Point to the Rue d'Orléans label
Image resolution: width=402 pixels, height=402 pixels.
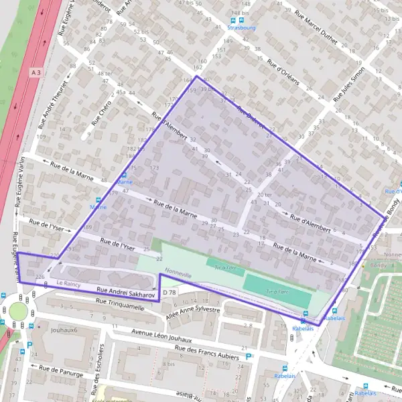(282, 71)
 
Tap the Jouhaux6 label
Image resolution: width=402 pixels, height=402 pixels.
(64, 330)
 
